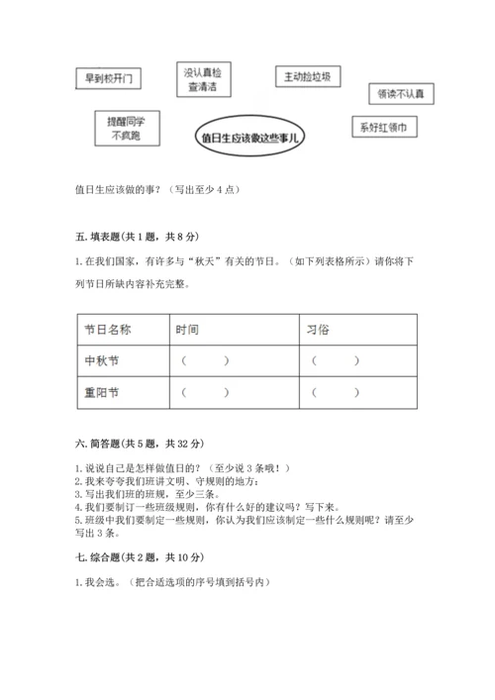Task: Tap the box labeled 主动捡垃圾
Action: pos(308,77)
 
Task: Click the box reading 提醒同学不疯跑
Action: pos(125,128)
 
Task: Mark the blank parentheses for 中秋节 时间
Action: pos(205,360)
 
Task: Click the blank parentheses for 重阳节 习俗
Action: pos(336,393)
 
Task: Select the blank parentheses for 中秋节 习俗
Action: pos(336,360)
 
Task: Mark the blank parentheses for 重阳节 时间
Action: pos(205,393)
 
